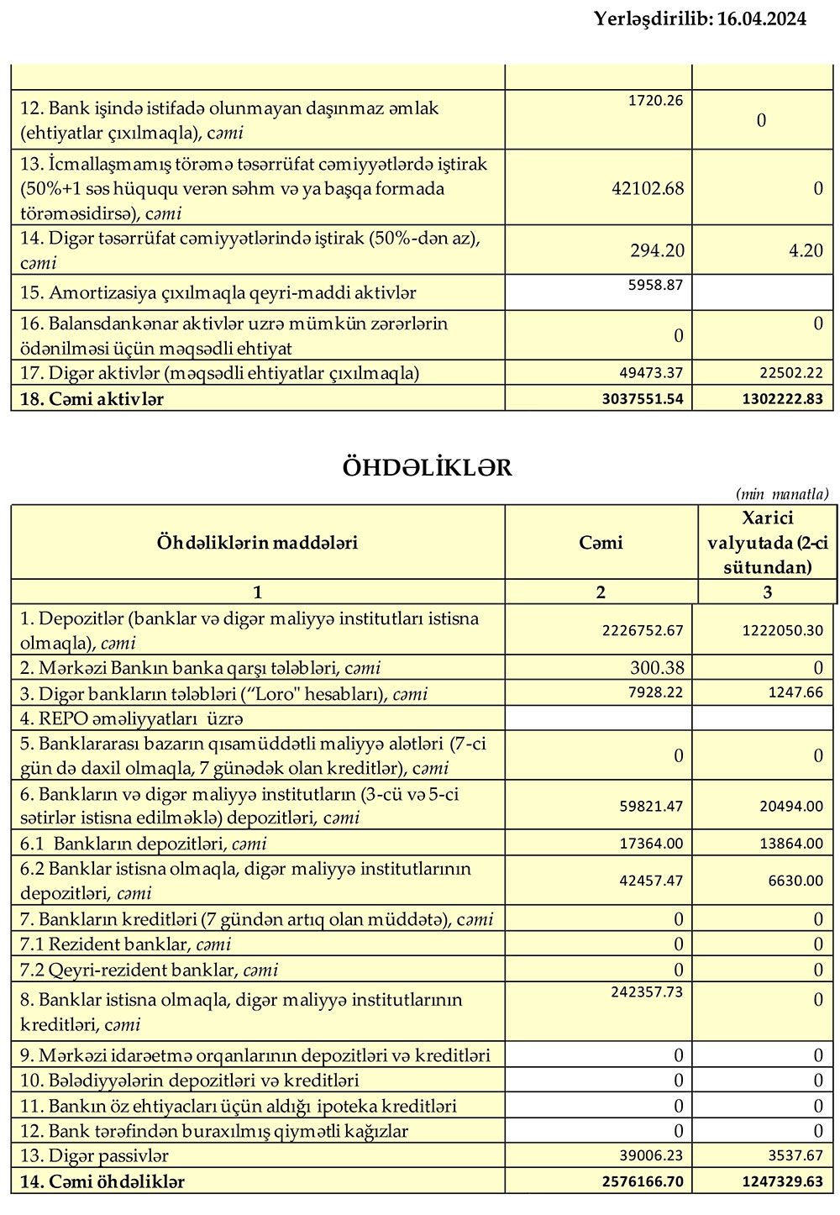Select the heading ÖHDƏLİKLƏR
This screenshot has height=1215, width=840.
click(427, 467)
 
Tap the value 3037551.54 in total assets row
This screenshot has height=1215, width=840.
click(643, 399)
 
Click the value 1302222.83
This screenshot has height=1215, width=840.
click(783, 399)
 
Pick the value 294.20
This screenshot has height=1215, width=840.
click(657, 250)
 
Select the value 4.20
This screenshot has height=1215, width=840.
click(806, 250)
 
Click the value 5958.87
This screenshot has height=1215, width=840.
click(655, 285)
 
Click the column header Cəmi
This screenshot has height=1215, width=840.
click(601, 543)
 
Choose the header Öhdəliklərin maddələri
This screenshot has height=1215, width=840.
click(257, 543)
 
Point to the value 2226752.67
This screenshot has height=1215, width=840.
click(643, 630)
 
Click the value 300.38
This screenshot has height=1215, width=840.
click(657, 668)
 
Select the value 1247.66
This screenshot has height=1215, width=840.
click(795, 693)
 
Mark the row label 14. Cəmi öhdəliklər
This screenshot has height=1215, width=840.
click(102, 1181)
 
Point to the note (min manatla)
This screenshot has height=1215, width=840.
click(781, 494)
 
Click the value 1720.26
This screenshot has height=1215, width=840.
click(655, 101)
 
